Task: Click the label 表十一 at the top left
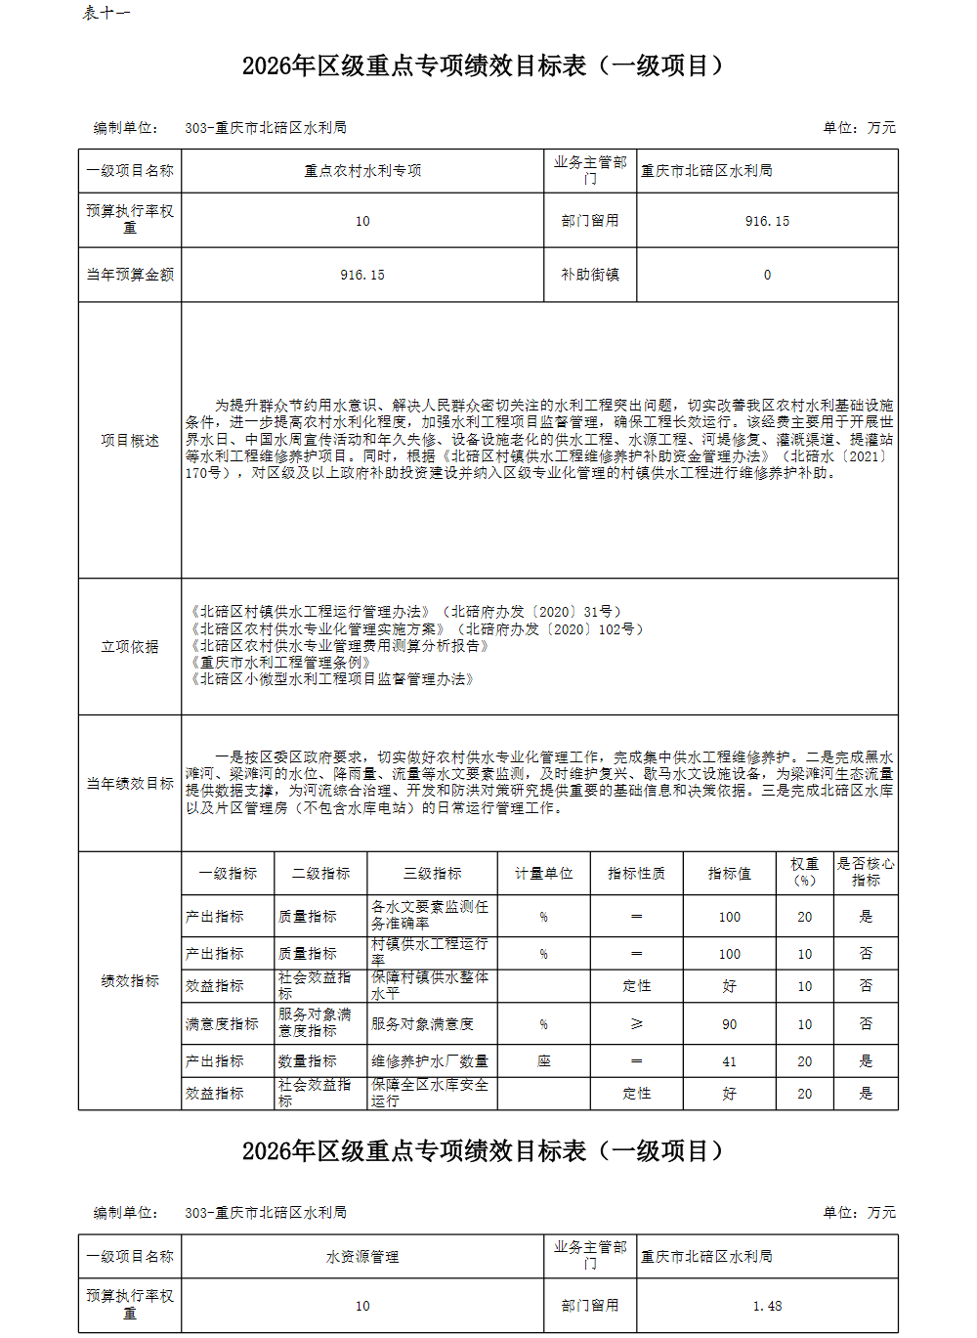tap(106, 13)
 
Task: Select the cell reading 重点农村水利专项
tap(362, 171)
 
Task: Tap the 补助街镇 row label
tap(590, 275)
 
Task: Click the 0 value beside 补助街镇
tap(767, 275)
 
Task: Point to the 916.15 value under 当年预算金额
tap(362, 275)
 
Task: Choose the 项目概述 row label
tap(130, 441)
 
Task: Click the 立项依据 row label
tap(130, 647)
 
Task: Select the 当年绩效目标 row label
tap(130, 784)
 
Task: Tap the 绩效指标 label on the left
tap(130, 981)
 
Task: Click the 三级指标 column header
tap(433, 874)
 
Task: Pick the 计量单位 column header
tap(543, 874)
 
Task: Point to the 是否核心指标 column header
tap(866, 872)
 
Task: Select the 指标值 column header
tap(730, 874)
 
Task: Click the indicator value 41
tap(730, 1061)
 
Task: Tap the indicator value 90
tap(730, 1024)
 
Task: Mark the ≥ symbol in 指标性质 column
tap(637, 1024)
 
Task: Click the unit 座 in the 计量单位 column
tap(543, 1061)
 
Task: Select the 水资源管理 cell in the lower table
tap(362, 1257)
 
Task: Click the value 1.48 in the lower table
tap(767, 1306)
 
